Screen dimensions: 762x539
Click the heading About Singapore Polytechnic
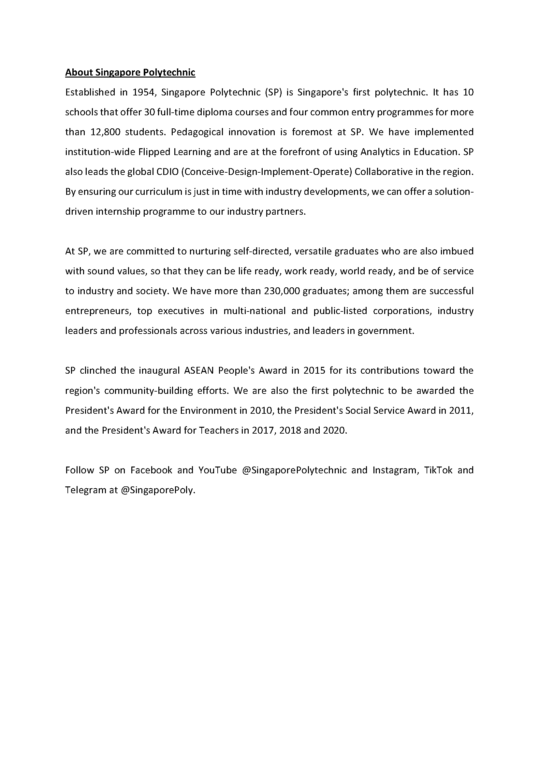point(130,72)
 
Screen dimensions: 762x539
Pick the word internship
point(118,212)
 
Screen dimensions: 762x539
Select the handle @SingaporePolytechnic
point(294,470)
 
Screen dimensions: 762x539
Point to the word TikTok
point(438,470)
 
